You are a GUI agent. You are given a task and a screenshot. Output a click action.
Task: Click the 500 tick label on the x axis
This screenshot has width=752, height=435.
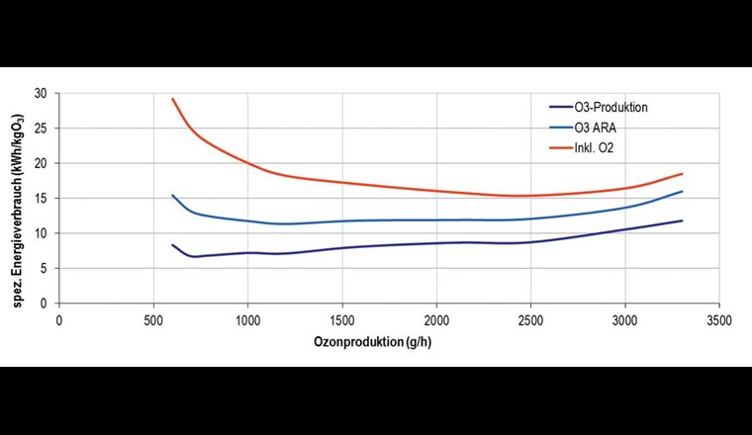(153, 320)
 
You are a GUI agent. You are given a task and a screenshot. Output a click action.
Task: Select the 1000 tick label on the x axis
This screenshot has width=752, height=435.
(247, 320)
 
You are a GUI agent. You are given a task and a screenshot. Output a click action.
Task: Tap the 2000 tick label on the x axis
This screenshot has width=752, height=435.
(436, 320)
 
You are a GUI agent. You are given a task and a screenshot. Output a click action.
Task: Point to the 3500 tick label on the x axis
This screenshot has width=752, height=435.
(719, 320)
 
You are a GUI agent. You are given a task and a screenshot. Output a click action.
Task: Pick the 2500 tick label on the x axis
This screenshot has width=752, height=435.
(530, 320)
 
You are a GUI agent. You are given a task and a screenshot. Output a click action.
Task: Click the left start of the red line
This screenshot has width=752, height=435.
(173, 99)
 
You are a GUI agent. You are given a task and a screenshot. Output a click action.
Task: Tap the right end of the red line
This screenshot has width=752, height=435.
(682, 174)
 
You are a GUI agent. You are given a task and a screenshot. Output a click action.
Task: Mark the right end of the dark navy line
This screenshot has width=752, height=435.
(682, 220)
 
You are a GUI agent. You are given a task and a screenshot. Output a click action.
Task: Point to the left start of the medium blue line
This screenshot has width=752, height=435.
(173, 196)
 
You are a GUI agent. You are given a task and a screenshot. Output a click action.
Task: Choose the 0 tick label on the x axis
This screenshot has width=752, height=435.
(59, 320)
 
